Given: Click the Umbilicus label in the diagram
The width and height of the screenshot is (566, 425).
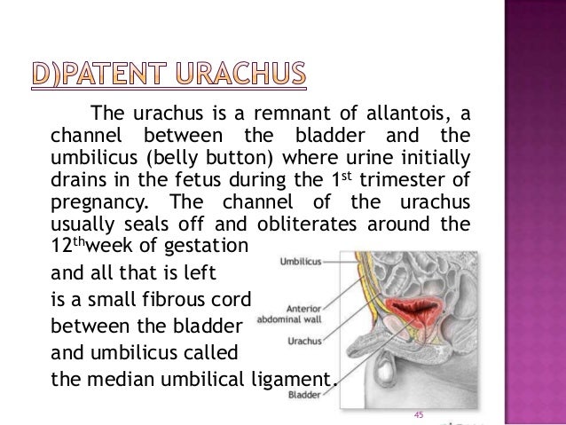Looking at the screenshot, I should (x=300, y=262).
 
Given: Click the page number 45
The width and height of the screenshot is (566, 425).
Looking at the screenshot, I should (x=421, y=415).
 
